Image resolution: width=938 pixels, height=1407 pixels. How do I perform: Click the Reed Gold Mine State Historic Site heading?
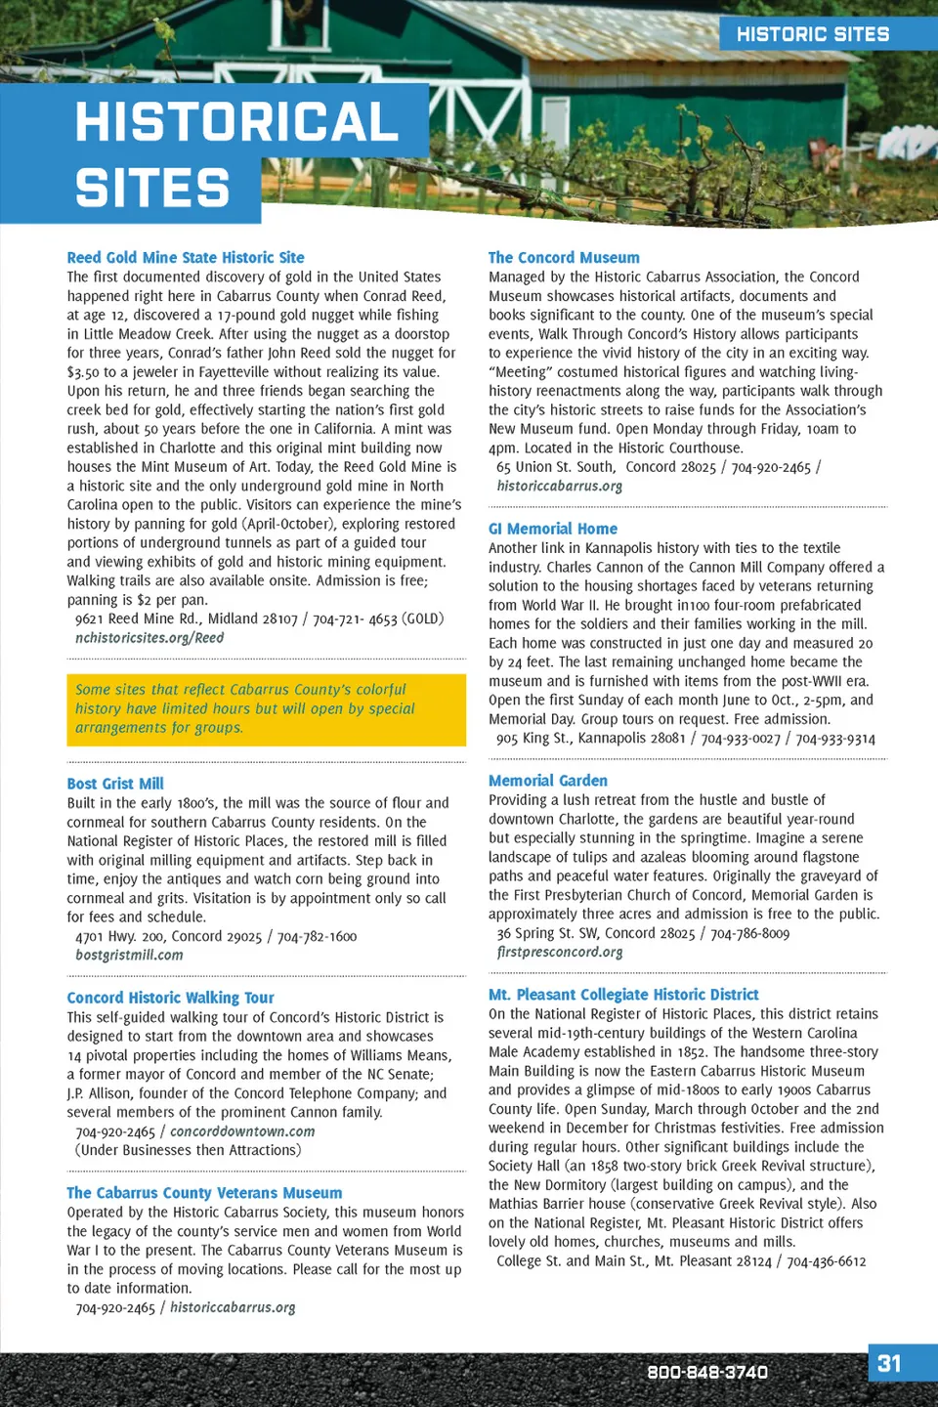click(186, 258)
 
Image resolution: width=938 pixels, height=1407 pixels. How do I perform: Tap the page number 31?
click(889, 1363)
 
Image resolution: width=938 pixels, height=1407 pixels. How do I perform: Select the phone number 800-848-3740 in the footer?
click(707, 1372)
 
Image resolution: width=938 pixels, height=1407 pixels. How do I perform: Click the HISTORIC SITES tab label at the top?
click(813, 34)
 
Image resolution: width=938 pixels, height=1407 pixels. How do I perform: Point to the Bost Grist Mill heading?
click(115, 784)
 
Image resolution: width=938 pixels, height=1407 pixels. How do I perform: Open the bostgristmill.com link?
click(129, 955)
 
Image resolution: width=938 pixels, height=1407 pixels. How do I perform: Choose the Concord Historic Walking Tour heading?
click(170, 998)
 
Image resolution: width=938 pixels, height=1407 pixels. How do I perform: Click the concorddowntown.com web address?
click(242, 1131)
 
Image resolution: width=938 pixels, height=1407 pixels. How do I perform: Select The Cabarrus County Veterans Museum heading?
click(204, 1193)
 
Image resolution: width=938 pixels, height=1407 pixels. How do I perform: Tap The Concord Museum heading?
click(564, 258)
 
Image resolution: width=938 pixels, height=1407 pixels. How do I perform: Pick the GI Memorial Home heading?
click(553, 529)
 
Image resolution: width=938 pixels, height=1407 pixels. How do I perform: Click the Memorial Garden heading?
click(548, 781)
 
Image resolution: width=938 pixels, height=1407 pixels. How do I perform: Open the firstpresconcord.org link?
click(559, 952)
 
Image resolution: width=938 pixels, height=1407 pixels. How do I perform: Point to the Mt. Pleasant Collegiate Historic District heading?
click(623, 995)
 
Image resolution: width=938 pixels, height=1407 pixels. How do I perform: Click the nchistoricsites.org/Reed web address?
click(149, 638)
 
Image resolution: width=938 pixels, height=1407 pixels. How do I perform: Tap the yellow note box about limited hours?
click(266, 709)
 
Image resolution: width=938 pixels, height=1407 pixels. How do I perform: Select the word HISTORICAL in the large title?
click(236, 122)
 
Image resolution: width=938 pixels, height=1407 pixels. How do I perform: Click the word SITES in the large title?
click(152, 189)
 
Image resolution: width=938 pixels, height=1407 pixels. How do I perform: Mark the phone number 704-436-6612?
click(827, 1261)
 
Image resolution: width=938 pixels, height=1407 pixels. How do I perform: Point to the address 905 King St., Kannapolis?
click(590, 739)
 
